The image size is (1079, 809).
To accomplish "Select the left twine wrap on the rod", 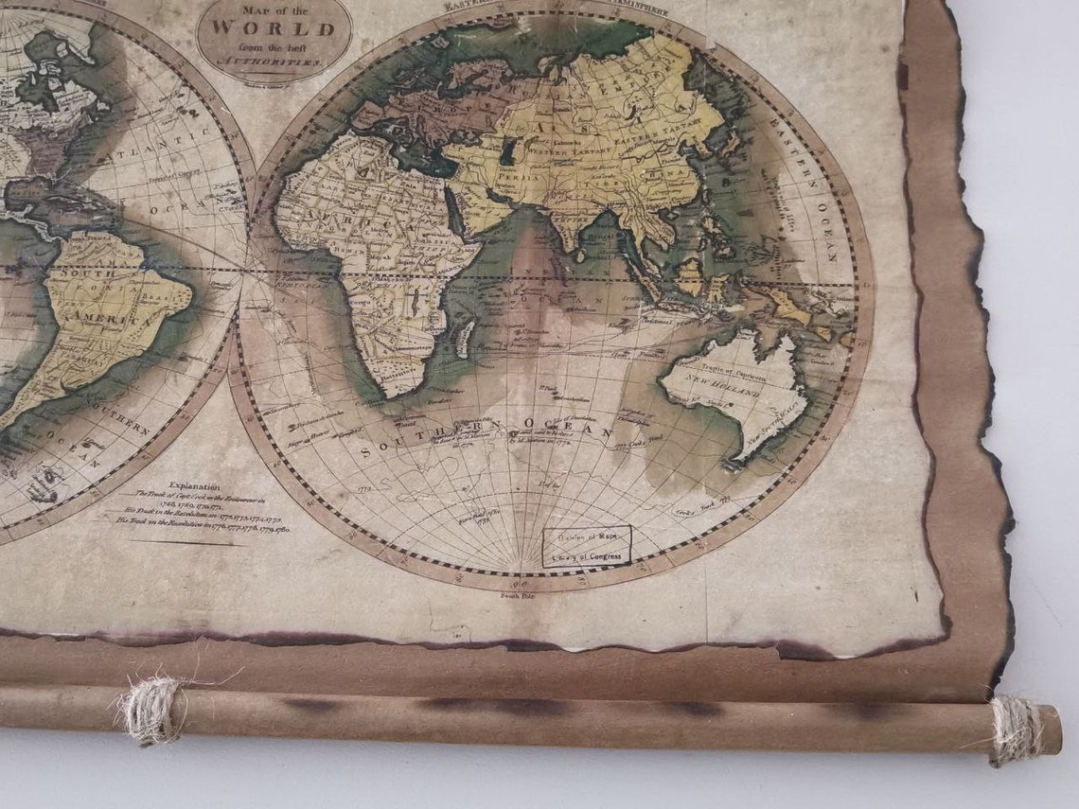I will [x=149, y=710].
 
